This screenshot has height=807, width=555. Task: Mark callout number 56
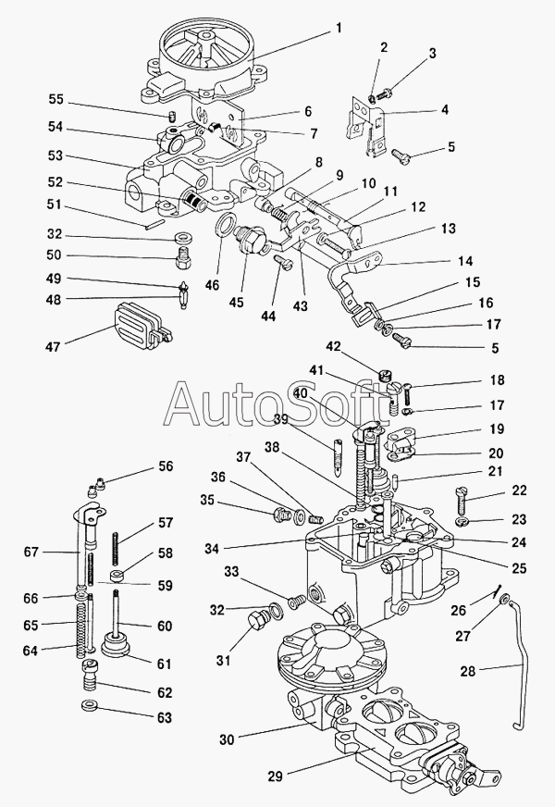click(x=165, y=466)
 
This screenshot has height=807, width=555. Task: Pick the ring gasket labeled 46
click(x=225, y=228)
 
